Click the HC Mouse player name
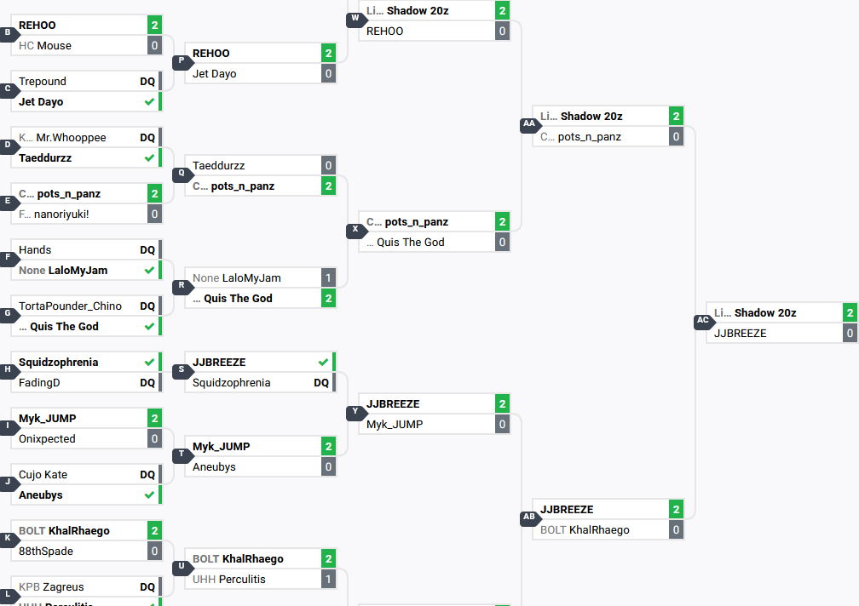[54, 46]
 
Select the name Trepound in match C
[43, 82]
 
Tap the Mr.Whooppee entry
[71, 138]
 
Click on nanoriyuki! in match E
[61, 214]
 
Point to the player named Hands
[35, 250]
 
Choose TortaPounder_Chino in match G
[70, 306]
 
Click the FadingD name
[39, 383]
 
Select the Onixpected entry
[47, 439]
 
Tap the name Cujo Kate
[43, 475]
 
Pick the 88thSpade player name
[46, 552]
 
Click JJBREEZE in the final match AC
[740, 334]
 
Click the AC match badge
[702, 322]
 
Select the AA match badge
[528, 124]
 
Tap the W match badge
[355, 19]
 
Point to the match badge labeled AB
[528, 517]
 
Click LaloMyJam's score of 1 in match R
[328, 278]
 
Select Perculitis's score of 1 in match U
[328, 580]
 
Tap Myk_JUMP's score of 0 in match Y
[502, 425]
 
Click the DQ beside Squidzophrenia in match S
[321, 383]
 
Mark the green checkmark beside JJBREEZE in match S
[323, 363]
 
